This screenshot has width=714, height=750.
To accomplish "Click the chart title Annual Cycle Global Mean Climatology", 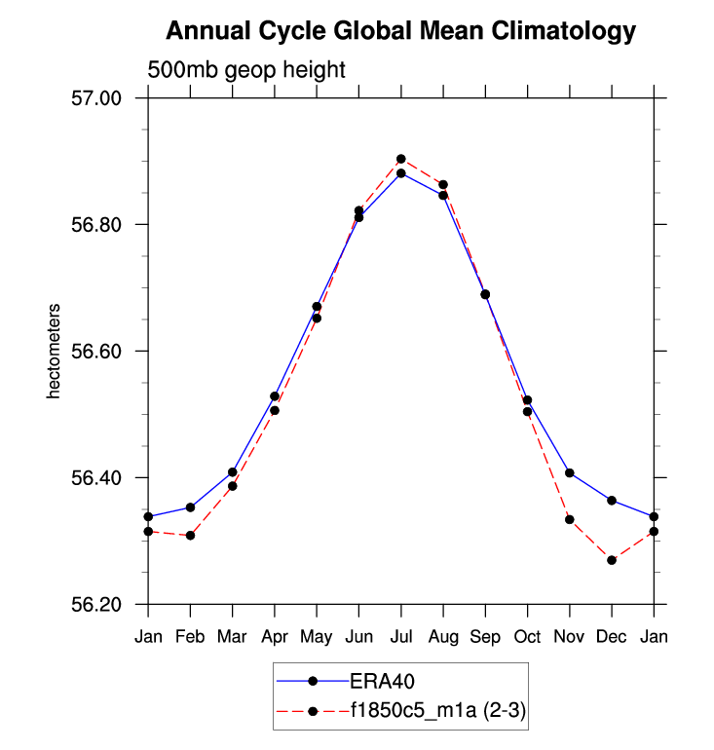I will tap(400, 31).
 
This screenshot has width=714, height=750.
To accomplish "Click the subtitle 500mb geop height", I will tap(246, 70).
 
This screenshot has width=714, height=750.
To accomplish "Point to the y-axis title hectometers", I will tap(56, 351).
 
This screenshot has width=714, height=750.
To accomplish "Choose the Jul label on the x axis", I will tap(400, 636).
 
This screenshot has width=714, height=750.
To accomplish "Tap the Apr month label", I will tap(275, 636).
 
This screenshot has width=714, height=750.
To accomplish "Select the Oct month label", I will tap(527, 636).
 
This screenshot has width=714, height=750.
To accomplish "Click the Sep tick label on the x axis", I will tap(485, 636).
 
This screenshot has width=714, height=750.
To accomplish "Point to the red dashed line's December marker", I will tap(612, 560).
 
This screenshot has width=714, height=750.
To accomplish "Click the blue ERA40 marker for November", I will tap(570, 473).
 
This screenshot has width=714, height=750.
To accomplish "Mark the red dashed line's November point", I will tap(570, 519).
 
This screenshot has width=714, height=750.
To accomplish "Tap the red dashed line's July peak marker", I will tap(400, 159).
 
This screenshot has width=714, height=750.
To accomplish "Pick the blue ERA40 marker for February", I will tap(191, 507).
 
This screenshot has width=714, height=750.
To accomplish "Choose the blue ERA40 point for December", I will tap(612, 501).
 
